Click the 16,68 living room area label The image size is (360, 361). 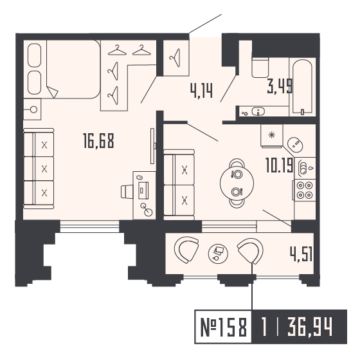[x=98, y=140]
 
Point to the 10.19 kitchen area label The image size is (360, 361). [x=279, y=166]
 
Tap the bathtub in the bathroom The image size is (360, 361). [x=301, y=87]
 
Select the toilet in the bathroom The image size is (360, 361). [x=260, y=68]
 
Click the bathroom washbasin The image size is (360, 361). [x=258, y=111]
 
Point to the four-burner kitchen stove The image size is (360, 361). [x=303, y=190]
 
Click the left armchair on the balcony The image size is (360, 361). [x=188, y=250]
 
